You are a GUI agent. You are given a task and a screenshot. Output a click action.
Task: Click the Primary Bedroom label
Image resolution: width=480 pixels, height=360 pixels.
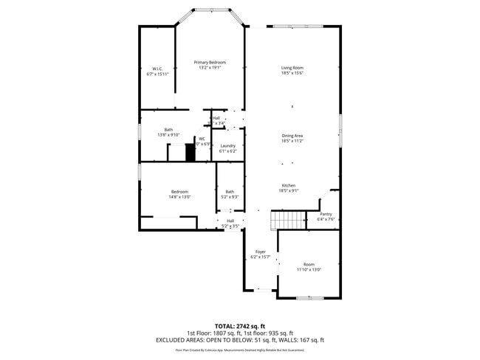click(210, 63)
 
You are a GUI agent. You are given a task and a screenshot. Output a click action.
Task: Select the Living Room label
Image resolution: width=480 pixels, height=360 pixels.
click(292, 68)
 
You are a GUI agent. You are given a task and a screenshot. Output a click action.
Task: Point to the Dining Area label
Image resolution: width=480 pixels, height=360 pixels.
click(292, 136)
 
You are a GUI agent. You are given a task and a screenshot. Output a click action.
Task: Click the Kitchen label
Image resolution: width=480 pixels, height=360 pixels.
click(288, 185)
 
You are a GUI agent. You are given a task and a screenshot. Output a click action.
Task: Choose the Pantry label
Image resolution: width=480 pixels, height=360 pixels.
click(326, 214)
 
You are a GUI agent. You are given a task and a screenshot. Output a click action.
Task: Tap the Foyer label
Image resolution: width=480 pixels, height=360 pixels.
click(260, 252)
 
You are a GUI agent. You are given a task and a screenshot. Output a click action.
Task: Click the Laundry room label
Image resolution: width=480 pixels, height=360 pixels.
click(228, 146)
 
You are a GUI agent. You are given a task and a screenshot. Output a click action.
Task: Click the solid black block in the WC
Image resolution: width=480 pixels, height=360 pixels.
click(190, 153)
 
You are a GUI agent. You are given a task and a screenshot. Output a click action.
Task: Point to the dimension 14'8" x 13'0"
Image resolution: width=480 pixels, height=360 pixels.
click(179, 197)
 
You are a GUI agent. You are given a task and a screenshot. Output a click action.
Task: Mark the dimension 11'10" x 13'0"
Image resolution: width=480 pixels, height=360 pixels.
click(309, 269)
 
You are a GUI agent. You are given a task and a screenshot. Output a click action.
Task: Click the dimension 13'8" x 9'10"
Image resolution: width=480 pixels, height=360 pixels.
click(168, 135)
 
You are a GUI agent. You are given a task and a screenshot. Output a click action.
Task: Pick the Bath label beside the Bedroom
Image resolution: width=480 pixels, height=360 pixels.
click(230, 192)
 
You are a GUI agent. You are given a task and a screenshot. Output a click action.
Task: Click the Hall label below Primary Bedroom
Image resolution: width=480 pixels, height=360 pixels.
click(216, 118)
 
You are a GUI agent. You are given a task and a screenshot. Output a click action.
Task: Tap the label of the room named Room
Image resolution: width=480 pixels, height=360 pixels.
click(309, 264)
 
